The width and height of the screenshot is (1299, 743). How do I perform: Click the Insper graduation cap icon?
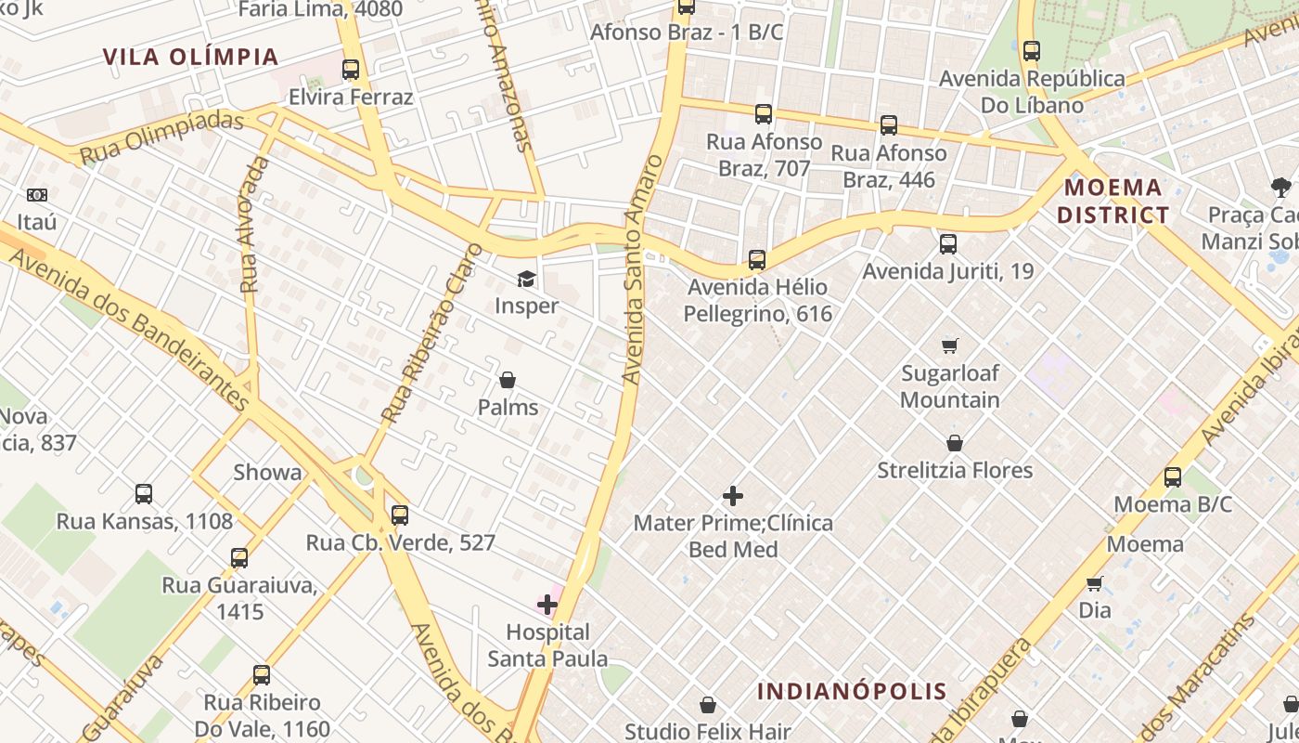click(x=526, y=279)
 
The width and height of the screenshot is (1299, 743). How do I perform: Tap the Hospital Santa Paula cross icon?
click(x=547, y=605)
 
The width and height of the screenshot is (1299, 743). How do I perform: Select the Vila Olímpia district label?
click(x=191, y=57)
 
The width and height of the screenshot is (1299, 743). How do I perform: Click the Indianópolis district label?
click(x=852, y=691)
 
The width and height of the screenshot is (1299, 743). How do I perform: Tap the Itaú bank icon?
click(x=37, y=195)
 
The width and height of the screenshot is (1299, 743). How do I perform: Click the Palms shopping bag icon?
click(x=508, y=380)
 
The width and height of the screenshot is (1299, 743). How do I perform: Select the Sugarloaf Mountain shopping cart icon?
click(x=949, y=346)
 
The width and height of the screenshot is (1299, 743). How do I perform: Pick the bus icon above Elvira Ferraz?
click(x=351, y=70)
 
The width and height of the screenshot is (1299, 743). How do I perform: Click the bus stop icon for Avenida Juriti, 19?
click(x=947, y=244)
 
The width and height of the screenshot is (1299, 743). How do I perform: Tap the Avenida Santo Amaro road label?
click(x=641, y=269)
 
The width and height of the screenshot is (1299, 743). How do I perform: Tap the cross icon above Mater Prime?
click(x=733, y=496)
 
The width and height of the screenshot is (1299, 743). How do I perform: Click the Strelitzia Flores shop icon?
click(x=955, y=443)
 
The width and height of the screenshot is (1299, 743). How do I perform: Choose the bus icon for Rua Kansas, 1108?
click(x=144, y=494)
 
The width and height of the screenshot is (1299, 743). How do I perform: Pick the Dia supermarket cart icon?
click(x=1095, y=583)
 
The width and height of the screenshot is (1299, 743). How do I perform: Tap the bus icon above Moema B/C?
click(x=1173, y=477)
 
